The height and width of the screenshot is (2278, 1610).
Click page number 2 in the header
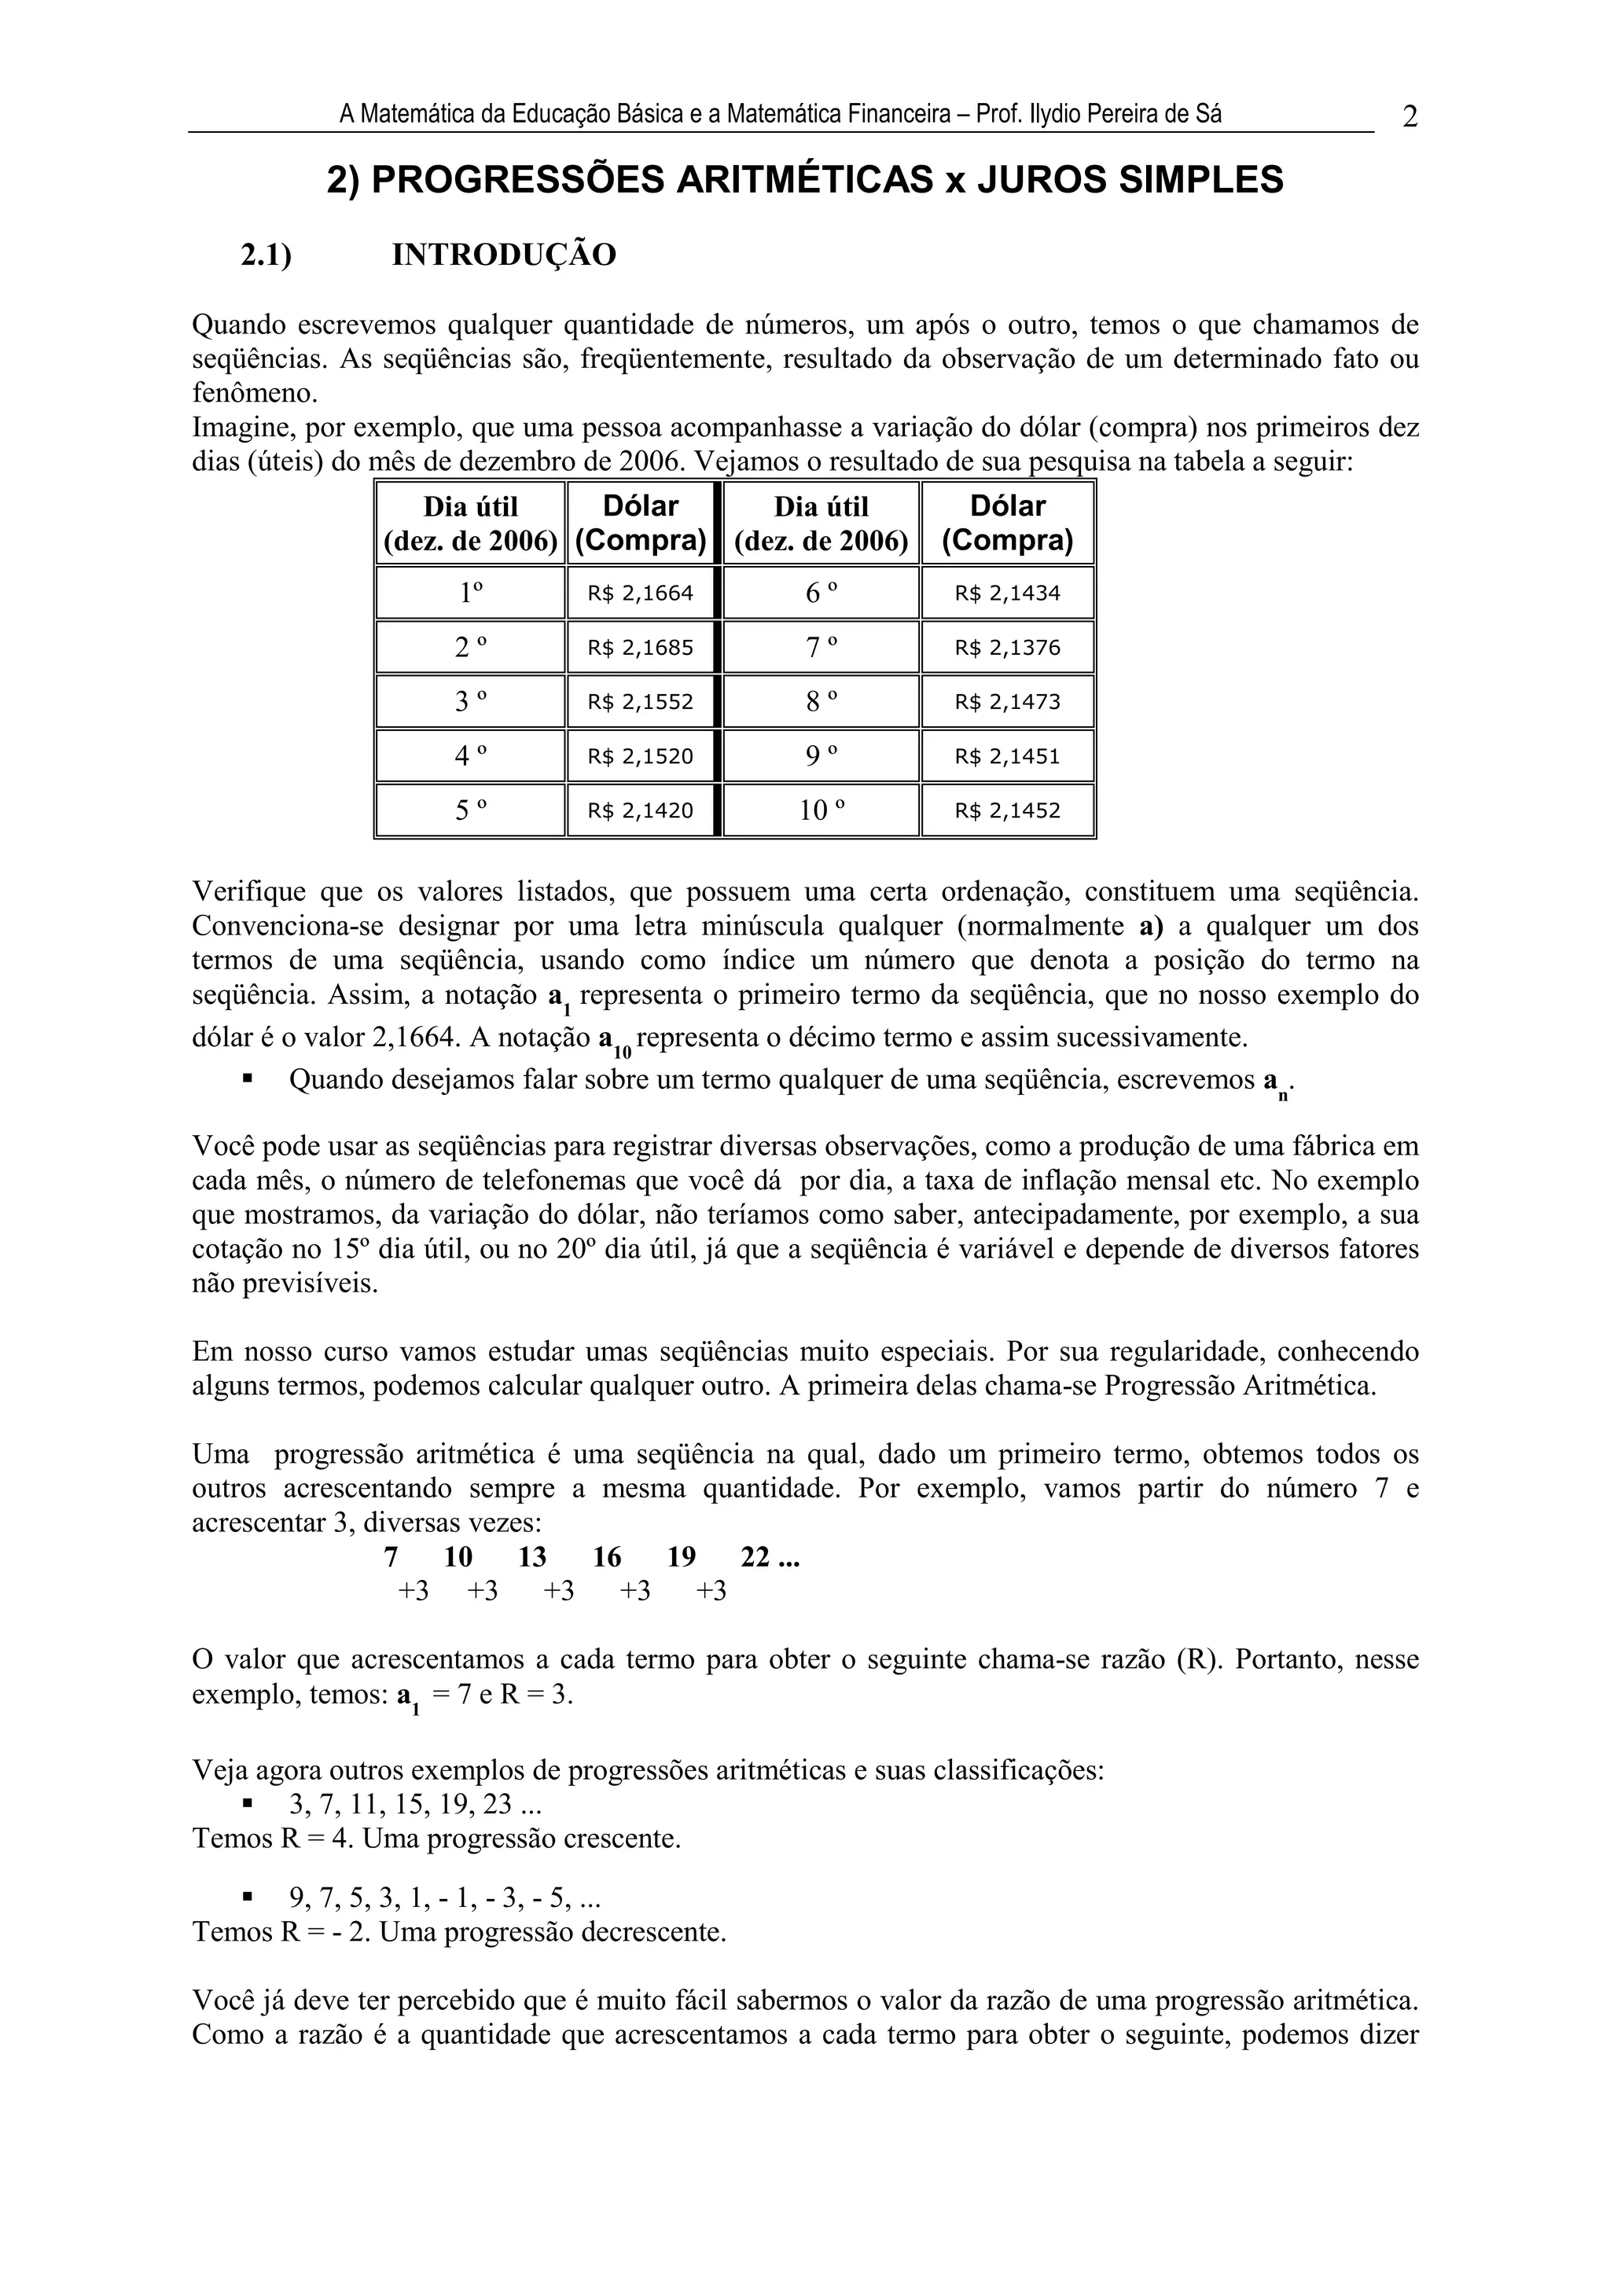(x=1410, y=117)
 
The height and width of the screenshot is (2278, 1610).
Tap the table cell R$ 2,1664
(x=640, y=593)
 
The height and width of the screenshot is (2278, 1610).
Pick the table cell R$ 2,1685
(x=640, y=648)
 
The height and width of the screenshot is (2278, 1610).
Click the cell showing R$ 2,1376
(x=1007, y=648)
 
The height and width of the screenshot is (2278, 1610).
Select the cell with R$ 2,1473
(x=1007, y=703)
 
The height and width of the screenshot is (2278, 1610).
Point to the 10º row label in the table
(x=822, y=810)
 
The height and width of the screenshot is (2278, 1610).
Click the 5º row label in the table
(x=471, y=810)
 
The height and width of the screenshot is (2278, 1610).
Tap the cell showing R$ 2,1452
(x=1007, y=810)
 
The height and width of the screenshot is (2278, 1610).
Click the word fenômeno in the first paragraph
(x=254, y=393)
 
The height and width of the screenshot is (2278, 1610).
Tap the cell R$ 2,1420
(x=640, y=810)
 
